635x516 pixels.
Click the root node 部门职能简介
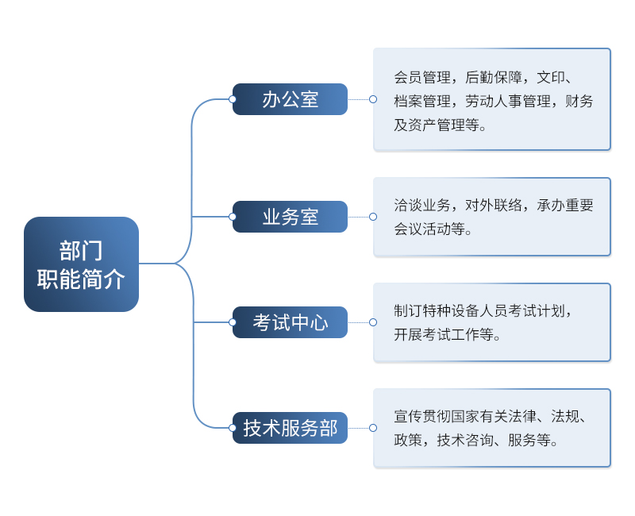81,264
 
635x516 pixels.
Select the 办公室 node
290,99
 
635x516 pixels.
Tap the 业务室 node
290,217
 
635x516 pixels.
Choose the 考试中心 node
290,322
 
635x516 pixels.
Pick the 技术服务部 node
290,428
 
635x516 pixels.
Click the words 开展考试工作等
444,335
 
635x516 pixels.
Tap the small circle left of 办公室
233,99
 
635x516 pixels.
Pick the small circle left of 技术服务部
233,428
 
